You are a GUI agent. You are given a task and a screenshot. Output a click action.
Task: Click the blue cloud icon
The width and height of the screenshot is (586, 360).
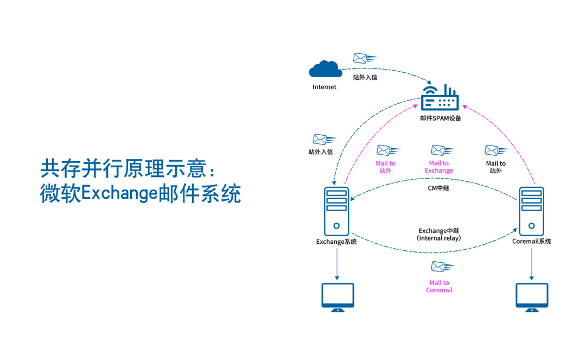(x=326, y=69)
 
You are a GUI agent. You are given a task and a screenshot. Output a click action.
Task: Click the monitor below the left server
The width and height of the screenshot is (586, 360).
(x=337, y=296)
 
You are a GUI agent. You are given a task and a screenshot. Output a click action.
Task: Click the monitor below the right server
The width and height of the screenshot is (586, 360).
(x=532, y=296)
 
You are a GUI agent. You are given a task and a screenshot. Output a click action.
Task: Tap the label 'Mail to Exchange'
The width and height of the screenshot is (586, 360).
(x=439, y=167)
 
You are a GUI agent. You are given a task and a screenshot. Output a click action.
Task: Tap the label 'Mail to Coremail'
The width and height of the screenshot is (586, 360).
(x=439, y=287)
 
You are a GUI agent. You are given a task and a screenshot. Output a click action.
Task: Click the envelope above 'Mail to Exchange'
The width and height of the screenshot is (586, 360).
(x=442, y=150)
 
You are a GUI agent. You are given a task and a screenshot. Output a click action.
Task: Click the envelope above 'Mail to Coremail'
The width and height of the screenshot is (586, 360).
(x=442, y=267)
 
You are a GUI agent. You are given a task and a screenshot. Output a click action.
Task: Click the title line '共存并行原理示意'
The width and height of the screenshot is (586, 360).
(x=128, y=169)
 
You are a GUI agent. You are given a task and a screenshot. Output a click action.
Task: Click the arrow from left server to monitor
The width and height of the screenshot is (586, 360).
(x=337, y=263)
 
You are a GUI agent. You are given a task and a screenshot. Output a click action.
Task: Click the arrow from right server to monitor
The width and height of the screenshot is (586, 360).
(x=531, y=263)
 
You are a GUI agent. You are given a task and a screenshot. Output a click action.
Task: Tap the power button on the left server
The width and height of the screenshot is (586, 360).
(x=336, y=225)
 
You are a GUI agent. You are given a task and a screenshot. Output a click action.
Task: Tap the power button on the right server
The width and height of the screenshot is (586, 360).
(x=531, y=225)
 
